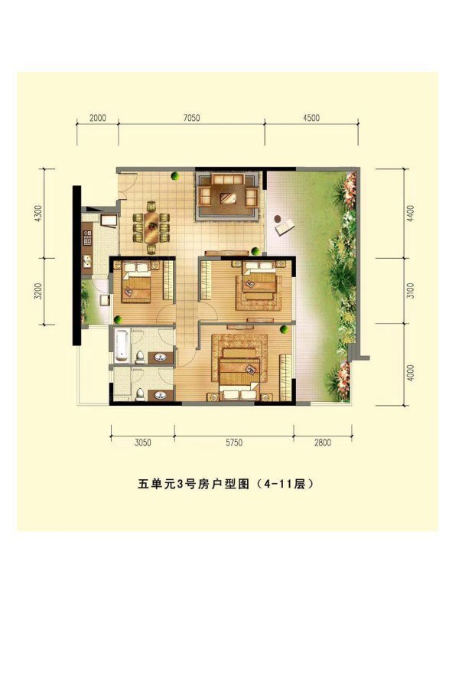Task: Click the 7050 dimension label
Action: pyautogui.click(x=191, y=118)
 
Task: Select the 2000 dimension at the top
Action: pyautogui.click(x=97, y=118)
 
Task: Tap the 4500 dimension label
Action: pyautogui.click(x=311, y=118)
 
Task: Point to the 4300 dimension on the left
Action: pyautogui.click(x=38, y=214)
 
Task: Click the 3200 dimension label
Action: pyautogui.click(x=38, y=292)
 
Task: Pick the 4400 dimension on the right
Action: pyautogui.click(x=411, y=214)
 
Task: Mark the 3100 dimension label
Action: pyautogui.click(x=411, y=291)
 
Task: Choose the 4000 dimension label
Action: pyautogui.click(x=411, y=373)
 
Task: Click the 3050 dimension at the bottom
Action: pyautogui.click(x=142, y=442)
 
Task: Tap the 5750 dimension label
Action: pyautogui.click(x=233, y=442)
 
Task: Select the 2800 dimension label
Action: pyautogui.click(x=322, y=442)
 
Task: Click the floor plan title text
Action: pyautogui.click(x=226, y=485)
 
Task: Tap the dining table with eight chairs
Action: pyautogui.click(x=151, y=227)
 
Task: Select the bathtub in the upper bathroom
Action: pyautogui.click(x=122, y=345)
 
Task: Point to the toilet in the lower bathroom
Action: pyautogui.click(x=141, y=394)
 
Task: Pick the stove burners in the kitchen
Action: pyautogui.click(x=87, y=238)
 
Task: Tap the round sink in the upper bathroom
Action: pyautogui.click(x=161, y=358)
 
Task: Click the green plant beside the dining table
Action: pyautogui.click(x=174, y=177)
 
